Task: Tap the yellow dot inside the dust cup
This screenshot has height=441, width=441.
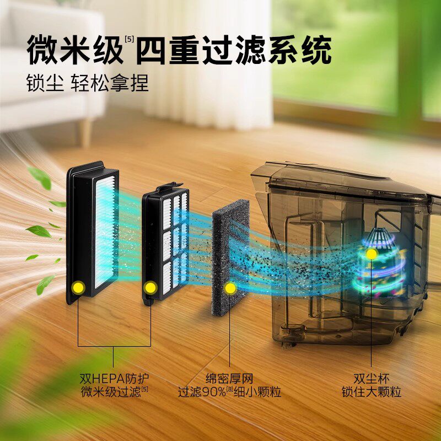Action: coord(372,254)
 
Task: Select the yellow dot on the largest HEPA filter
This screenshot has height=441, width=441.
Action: coord(78,287)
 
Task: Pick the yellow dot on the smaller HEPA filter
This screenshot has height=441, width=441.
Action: coord(149,287)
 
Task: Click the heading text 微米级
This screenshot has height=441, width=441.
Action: coord(74,51)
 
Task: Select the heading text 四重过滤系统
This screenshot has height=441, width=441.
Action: coord(234,51)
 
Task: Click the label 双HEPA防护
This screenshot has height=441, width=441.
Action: coord(115,379)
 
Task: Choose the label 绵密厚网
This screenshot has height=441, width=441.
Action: coord(229,379)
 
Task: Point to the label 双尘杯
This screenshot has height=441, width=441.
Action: coord(371,379)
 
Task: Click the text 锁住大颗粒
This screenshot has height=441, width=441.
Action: coord(371,392)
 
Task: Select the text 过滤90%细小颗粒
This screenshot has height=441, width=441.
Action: coord(229,392)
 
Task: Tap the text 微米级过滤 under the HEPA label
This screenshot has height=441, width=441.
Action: coord(111,392)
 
